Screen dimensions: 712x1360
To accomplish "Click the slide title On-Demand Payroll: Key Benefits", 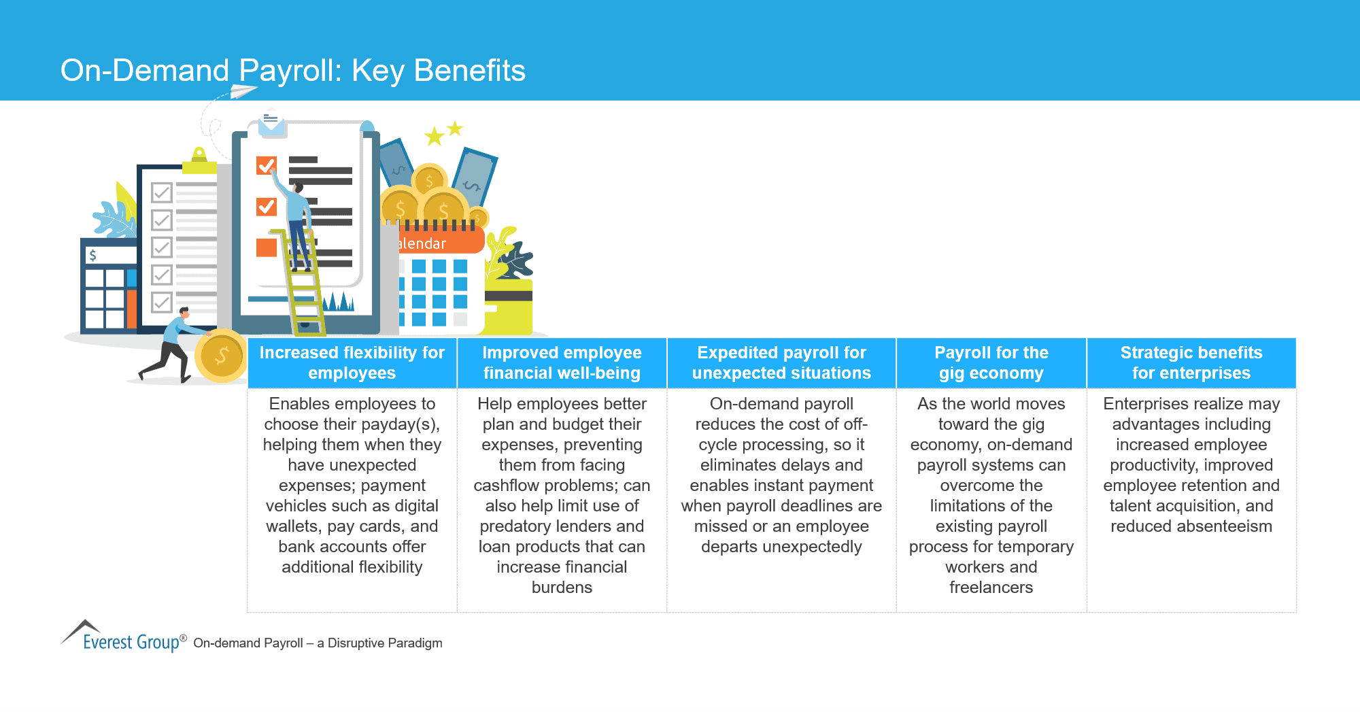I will tap(292, 71).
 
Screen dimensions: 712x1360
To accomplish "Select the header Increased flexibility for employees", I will tap(352, 362).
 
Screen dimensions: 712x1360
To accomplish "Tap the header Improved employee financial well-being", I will tap(562, 362).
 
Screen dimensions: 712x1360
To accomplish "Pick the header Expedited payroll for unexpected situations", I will tap(781, 362).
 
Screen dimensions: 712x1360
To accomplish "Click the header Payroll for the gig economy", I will tap(991, 362).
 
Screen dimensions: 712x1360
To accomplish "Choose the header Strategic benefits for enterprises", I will tap(1191, 362).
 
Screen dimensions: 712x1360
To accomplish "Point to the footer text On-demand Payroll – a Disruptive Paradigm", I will tap(318, 643).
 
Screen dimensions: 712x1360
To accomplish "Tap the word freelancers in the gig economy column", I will tap(991, 588).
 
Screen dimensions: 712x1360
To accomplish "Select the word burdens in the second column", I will tap(562, 588).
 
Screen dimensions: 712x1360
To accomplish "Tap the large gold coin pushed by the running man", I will tap(220, 356).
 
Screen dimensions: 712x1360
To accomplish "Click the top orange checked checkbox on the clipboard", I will tap(266, 165).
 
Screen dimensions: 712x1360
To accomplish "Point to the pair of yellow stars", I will tap(443, 133).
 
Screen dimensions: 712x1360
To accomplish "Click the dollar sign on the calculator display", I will tap(93, 255).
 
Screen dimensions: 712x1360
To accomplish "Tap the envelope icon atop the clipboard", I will tap(271, 123).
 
